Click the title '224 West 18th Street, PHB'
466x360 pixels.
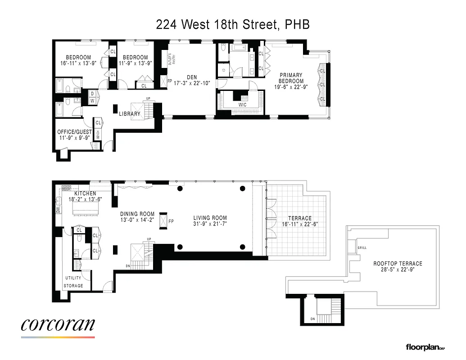[233, 25]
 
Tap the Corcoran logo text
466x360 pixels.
[58, 325]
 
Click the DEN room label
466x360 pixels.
[192, 77]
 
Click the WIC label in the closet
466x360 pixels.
[242, 105]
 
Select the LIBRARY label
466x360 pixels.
[129, 114]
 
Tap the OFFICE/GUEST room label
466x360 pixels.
[74, 132]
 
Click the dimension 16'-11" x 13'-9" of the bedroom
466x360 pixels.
[78, 63]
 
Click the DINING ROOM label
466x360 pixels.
[137, 214]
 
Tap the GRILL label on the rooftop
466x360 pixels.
[362, 248]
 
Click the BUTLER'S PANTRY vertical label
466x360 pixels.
[170, 60]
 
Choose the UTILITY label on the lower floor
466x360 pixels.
[73, 278]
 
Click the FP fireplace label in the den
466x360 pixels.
[170, 82]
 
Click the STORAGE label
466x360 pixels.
[73, 286]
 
